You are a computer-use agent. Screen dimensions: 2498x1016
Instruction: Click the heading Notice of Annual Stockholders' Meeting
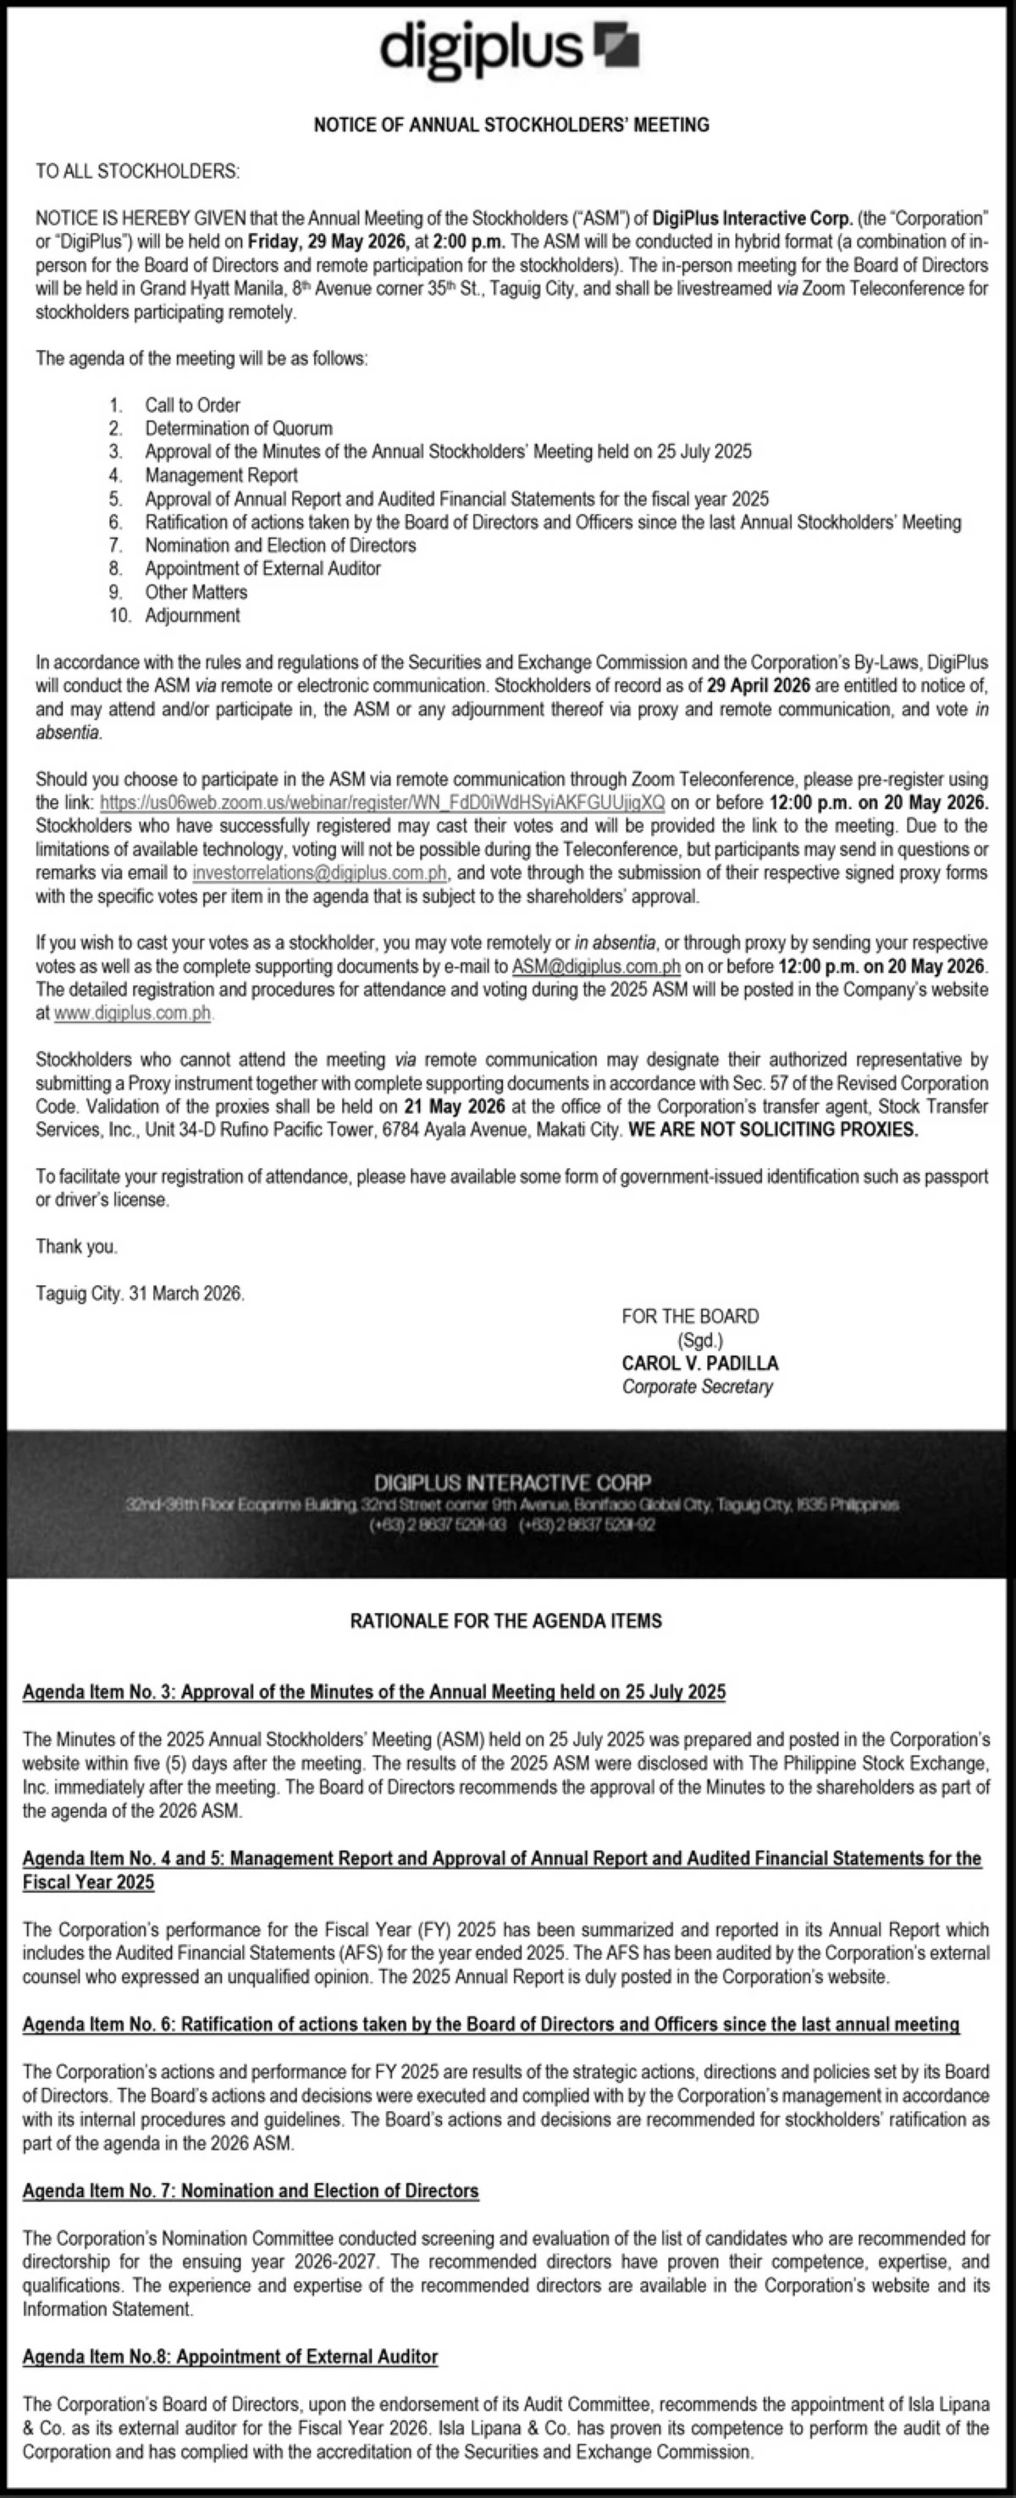(x=511, y=125)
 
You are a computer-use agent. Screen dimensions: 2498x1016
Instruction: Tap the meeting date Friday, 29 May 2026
(x=317, y=241)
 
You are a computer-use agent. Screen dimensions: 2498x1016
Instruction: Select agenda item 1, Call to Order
(x=192, y=406)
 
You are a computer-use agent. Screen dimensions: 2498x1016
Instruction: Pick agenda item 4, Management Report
(x=221, y=475)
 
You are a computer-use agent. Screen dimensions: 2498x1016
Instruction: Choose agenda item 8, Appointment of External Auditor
(x=262, y=568)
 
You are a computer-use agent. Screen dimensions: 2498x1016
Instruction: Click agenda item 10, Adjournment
(x=192, y=615)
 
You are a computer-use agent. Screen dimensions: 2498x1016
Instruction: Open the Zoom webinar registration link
(x=382, y=803)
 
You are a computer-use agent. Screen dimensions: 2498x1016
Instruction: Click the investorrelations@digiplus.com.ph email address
(x=319, y=872)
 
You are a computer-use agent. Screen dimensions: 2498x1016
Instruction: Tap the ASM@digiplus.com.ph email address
(x=595, y=966)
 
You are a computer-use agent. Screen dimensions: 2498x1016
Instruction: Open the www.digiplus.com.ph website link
(x=133, y=1013)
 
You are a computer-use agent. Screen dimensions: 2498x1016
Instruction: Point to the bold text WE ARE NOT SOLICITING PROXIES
(x=773, y=1130)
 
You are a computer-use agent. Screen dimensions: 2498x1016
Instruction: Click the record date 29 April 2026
(x=758, y=685)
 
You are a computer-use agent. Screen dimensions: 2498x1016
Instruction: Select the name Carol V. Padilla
(x=700, y=1364)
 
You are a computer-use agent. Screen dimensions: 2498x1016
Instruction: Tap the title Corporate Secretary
(x=697, y=1387)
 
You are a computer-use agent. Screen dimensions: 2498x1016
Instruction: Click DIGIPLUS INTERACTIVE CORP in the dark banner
(x=513, y=1482)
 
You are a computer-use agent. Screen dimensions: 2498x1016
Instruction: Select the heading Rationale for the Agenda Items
(x=506, y=1621)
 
